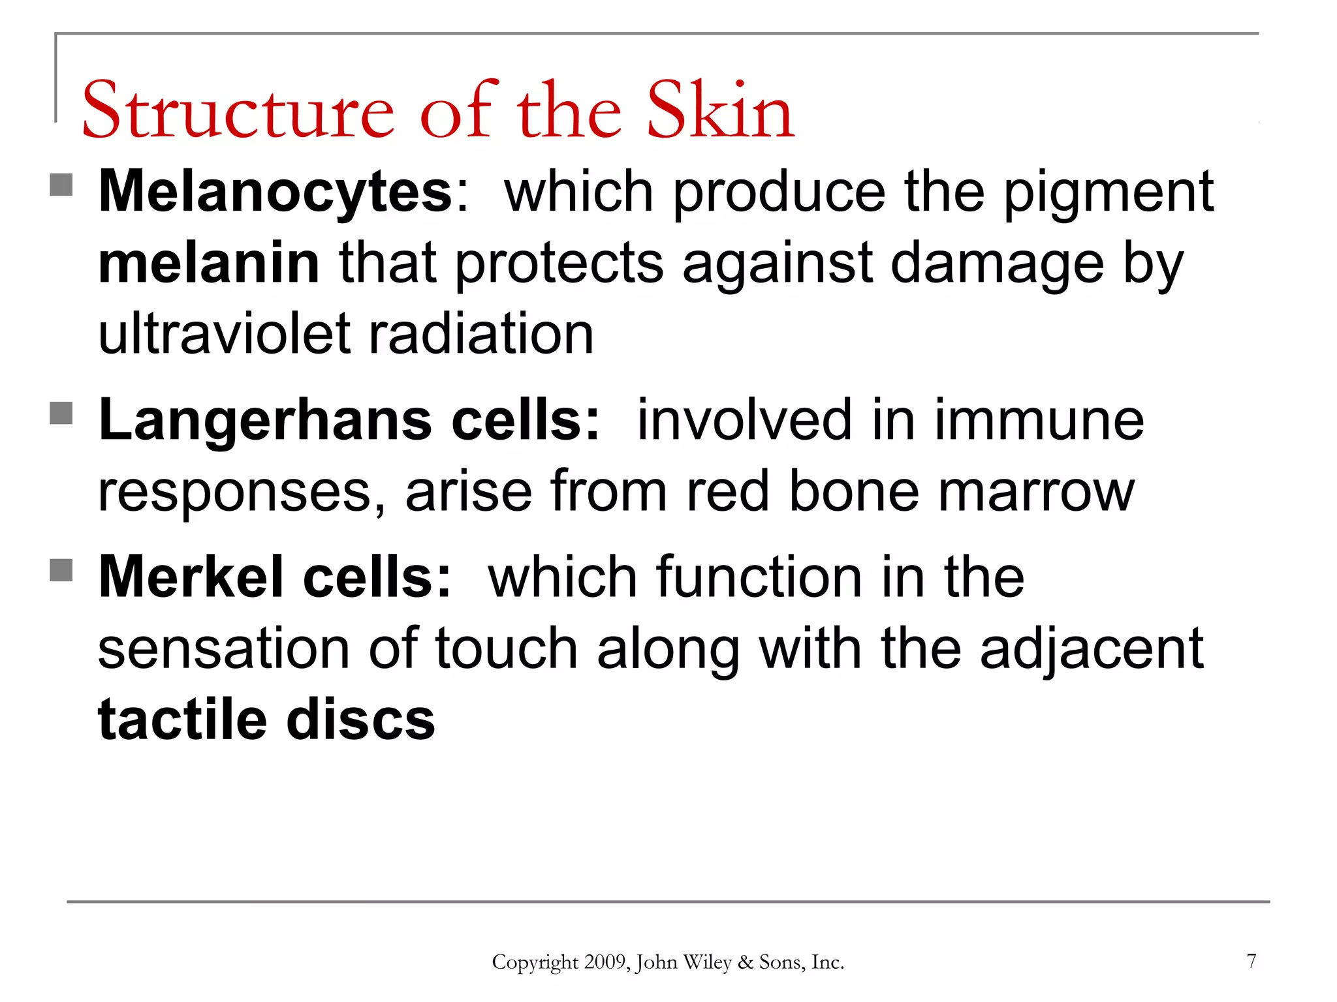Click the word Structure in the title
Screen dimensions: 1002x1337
tap(238, 111)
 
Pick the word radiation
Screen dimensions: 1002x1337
tap(482, 334)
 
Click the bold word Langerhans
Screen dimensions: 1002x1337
tap(265, 420)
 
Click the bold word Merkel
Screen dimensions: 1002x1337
tap(191, 577)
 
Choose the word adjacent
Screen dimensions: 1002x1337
tap(1092, 648)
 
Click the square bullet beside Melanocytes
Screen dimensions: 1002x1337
tap(61, 185)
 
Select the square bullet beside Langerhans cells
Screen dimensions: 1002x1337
tap(61, 412)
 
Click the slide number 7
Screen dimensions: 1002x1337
tap(1251, 961)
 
